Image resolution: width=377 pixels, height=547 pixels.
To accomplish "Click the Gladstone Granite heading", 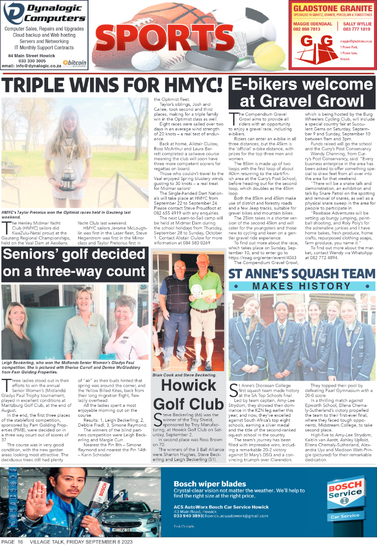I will (332, 8).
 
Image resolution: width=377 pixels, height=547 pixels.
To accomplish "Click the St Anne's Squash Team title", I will (302, 274).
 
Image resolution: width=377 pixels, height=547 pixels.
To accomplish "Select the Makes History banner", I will (301, 286).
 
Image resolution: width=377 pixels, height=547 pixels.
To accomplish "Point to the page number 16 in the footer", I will (20, 542).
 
